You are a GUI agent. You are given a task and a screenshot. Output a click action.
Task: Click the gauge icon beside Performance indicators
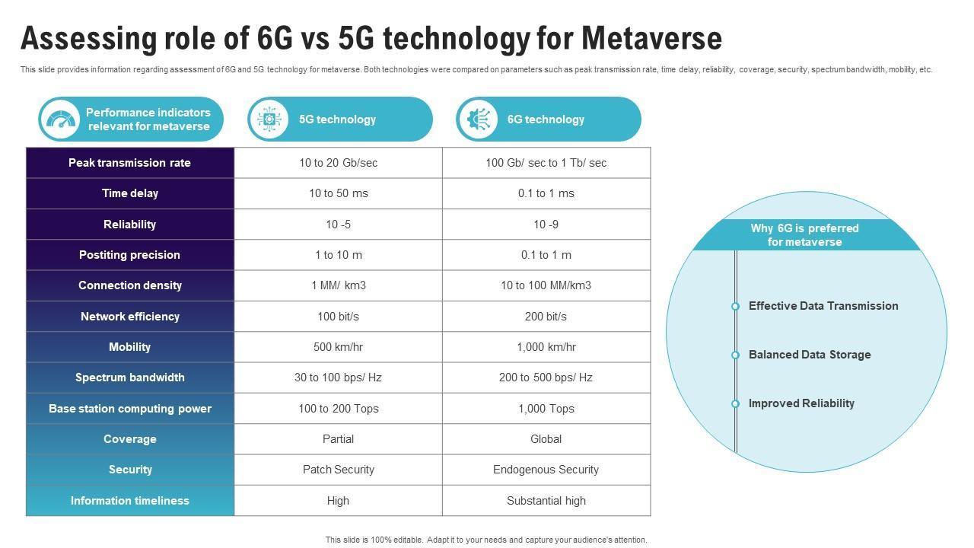point(60,119)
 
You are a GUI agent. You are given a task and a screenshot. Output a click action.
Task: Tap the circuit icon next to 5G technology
point(269,119)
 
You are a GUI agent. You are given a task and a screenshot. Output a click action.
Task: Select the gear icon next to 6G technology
point(477,119)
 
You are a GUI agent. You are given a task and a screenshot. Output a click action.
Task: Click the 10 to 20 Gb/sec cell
point(338,163)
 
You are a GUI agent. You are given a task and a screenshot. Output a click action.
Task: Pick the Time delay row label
point(130,193)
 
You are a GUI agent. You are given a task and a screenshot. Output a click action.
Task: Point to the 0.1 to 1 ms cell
point(546,193)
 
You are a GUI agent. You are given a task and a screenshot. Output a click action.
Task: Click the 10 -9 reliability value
point(546,225)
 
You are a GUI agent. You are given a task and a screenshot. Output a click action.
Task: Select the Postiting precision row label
point(129,255)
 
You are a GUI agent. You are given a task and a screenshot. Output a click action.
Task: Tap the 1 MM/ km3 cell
point(338,285)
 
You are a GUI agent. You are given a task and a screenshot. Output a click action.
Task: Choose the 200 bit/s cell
point(546,317)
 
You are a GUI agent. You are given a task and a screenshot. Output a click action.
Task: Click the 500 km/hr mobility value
point(338,347)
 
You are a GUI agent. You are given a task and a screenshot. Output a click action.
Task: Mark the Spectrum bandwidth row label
point(130,378)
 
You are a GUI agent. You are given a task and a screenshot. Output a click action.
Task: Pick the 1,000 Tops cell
point(546,409)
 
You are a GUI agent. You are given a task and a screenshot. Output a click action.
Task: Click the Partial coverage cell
point(338,439)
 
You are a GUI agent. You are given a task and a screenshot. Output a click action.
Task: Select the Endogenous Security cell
point(546,470)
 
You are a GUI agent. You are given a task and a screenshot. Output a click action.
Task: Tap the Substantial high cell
point(546,501)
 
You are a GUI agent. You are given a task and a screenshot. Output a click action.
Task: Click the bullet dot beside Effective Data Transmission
point(735,307)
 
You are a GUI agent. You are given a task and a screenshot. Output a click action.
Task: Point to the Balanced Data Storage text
point(810,355)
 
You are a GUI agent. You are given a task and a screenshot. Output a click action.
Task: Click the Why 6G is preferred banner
point(804,235)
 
